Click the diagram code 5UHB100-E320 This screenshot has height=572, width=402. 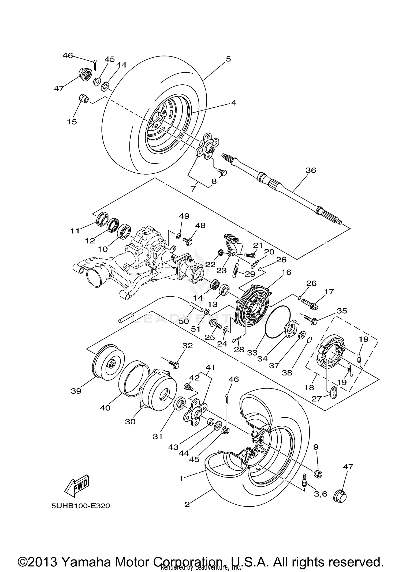pos(81,506)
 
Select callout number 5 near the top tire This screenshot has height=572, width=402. pos(228,59)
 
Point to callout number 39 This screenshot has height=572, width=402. pos(76,391)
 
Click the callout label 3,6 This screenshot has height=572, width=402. pos(320,494)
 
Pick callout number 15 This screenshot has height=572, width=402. pos(72,122)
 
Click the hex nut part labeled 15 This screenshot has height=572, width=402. pos(84,98)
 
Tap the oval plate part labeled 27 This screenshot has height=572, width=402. pos(333,393)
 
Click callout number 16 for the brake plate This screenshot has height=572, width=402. pos(286,272)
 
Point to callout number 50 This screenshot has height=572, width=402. pos(184,321)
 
